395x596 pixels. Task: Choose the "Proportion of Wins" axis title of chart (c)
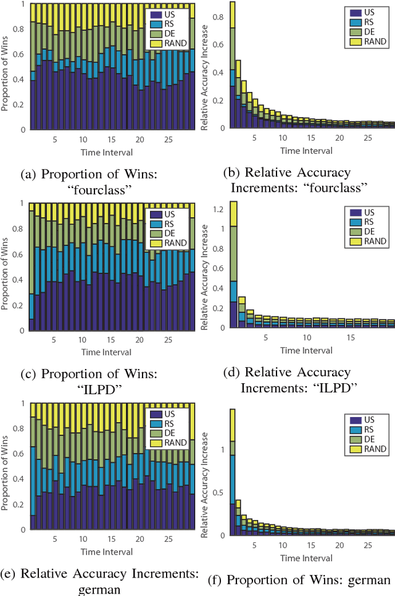(6, 267)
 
